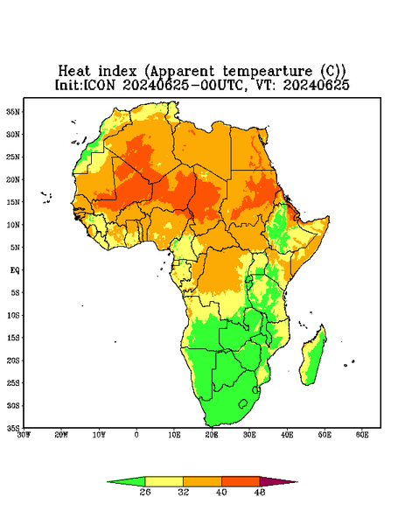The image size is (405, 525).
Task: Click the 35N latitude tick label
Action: pos(14,112)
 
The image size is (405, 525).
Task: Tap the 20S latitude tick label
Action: pos(14,360)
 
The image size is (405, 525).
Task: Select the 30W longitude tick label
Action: pos(24,435)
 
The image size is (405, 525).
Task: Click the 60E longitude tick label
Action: pos(362,435)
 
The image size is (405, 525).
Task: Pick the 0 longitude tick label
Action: pos(136,435)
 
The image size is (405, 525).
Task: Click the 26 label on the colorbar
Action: pos(145,492)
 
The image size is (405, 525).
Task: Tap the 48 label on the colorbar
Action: pos(260,492)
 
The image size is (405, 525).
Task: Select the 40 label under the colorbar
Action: pos(221,492)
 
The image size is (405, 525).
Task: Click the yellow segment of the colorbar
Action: pos(164,481)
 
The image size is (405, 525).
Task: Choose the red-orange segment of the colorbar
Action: pos(241,481)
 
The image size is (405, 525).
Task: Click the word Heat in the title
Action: pos(74,71)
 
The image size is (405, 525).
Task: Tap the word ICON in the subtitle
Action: pos(99,85)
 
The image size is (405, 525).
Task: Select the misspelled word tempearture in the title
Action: pos(267,72)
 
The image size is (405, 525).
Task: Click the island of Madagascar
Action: pos(313,357)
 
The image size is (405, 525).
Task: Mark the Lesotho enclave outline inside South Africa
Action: pos(243,403)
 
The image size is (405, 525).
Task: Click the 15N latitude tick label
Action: pos(14,202)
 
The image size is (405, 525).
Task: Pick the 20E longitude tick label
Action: pos(212,435)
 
